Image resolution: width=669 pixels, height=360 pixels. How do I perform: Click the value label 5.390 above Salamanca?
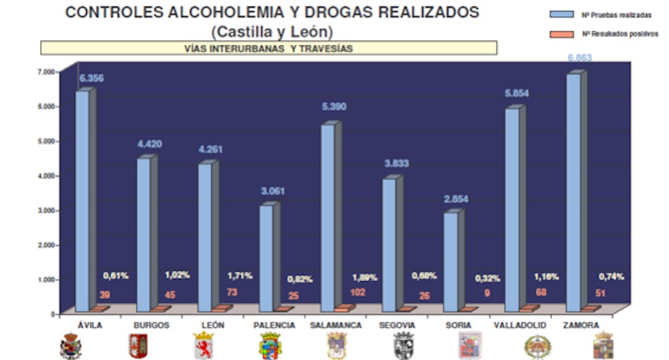pyautogui.click(x=333, y=107)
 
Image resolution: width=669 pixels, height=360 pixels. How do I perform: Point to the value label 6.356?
pyautogui.click(x=92, y=77)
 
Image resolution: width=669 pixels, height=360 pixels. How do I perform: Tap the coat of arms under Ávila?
pyautogui.click(x=71, y=346)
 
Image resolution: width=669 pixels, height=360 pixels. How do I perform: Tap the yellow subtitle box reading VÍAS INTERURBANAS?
pyautogui.click(x=268, y=48)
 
